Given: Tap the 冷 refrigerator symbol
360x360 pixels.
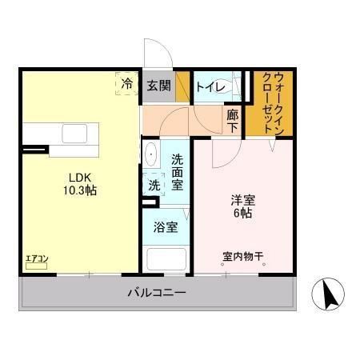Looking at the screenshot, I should point(126,82).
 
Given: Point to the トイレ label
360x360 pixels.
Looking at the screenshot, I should point(210,86).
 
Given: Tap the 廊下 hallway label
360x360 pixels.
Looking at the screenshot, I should point(232,120).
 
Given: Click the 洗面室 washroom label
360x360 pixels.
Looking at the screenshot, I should point(178,171).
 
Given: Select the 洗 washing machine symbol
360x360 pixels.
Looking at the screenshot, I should point(153,184).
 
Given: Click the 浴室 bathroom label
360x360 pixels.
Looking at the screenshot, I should point(166,226).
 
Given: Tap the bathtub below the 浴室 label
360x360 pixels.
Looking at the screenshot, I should point(166,259).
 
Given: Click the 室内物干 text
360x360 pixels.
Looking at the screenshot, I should point(243,258).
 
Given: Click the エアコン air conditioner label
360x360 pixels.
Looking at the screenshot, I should point(37,258).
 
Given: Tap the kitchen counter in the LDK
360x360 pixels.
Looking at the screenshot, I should point(61,138).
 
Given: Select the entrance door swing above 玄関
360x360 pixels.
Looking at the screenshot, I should point(156,54).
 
